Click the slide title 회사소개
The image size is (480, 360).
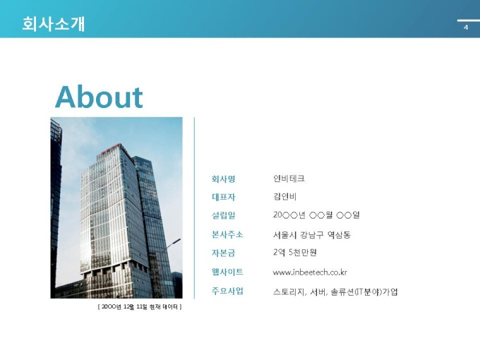[x=53, y=24]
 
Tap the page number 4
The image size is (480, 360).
[x=466, y=28]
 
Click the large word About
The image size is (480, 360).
[x=99, y=97]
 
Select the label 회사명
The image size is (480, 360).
[x=223, y=179]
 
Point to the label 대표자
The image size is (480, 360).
[x=224, y=197]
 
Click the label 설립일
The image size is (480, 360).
[x=223, y=215]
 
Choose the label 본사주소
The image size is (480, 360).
[x=227, y=234]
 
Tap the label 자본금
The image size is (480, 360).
[x=223, y=253]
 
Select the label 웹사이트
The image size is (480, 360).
[x=227, y=272]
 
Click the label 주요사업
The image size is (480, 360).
[x=227, y=291]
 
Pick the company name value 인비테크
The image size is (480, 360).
[x=289, y=179]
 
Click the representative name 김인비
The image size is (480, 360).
[x=284, y=196]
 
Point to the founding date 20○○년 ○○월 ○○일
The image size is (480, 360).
[x=316, y=215]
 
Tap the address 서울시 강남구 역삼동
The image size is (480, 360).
[x=311, y=235]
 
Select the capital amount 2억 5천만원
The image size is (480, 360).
[x=295, y=253]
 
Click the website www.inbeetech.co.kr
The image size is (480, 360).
[x=310, y=272]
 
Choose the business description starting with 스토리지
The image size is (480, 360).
[x=335, y=292]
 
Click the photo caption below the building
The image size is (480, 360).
[x=140, y=306]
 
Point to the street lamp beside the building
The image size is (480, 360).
[x=174, y=244]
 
